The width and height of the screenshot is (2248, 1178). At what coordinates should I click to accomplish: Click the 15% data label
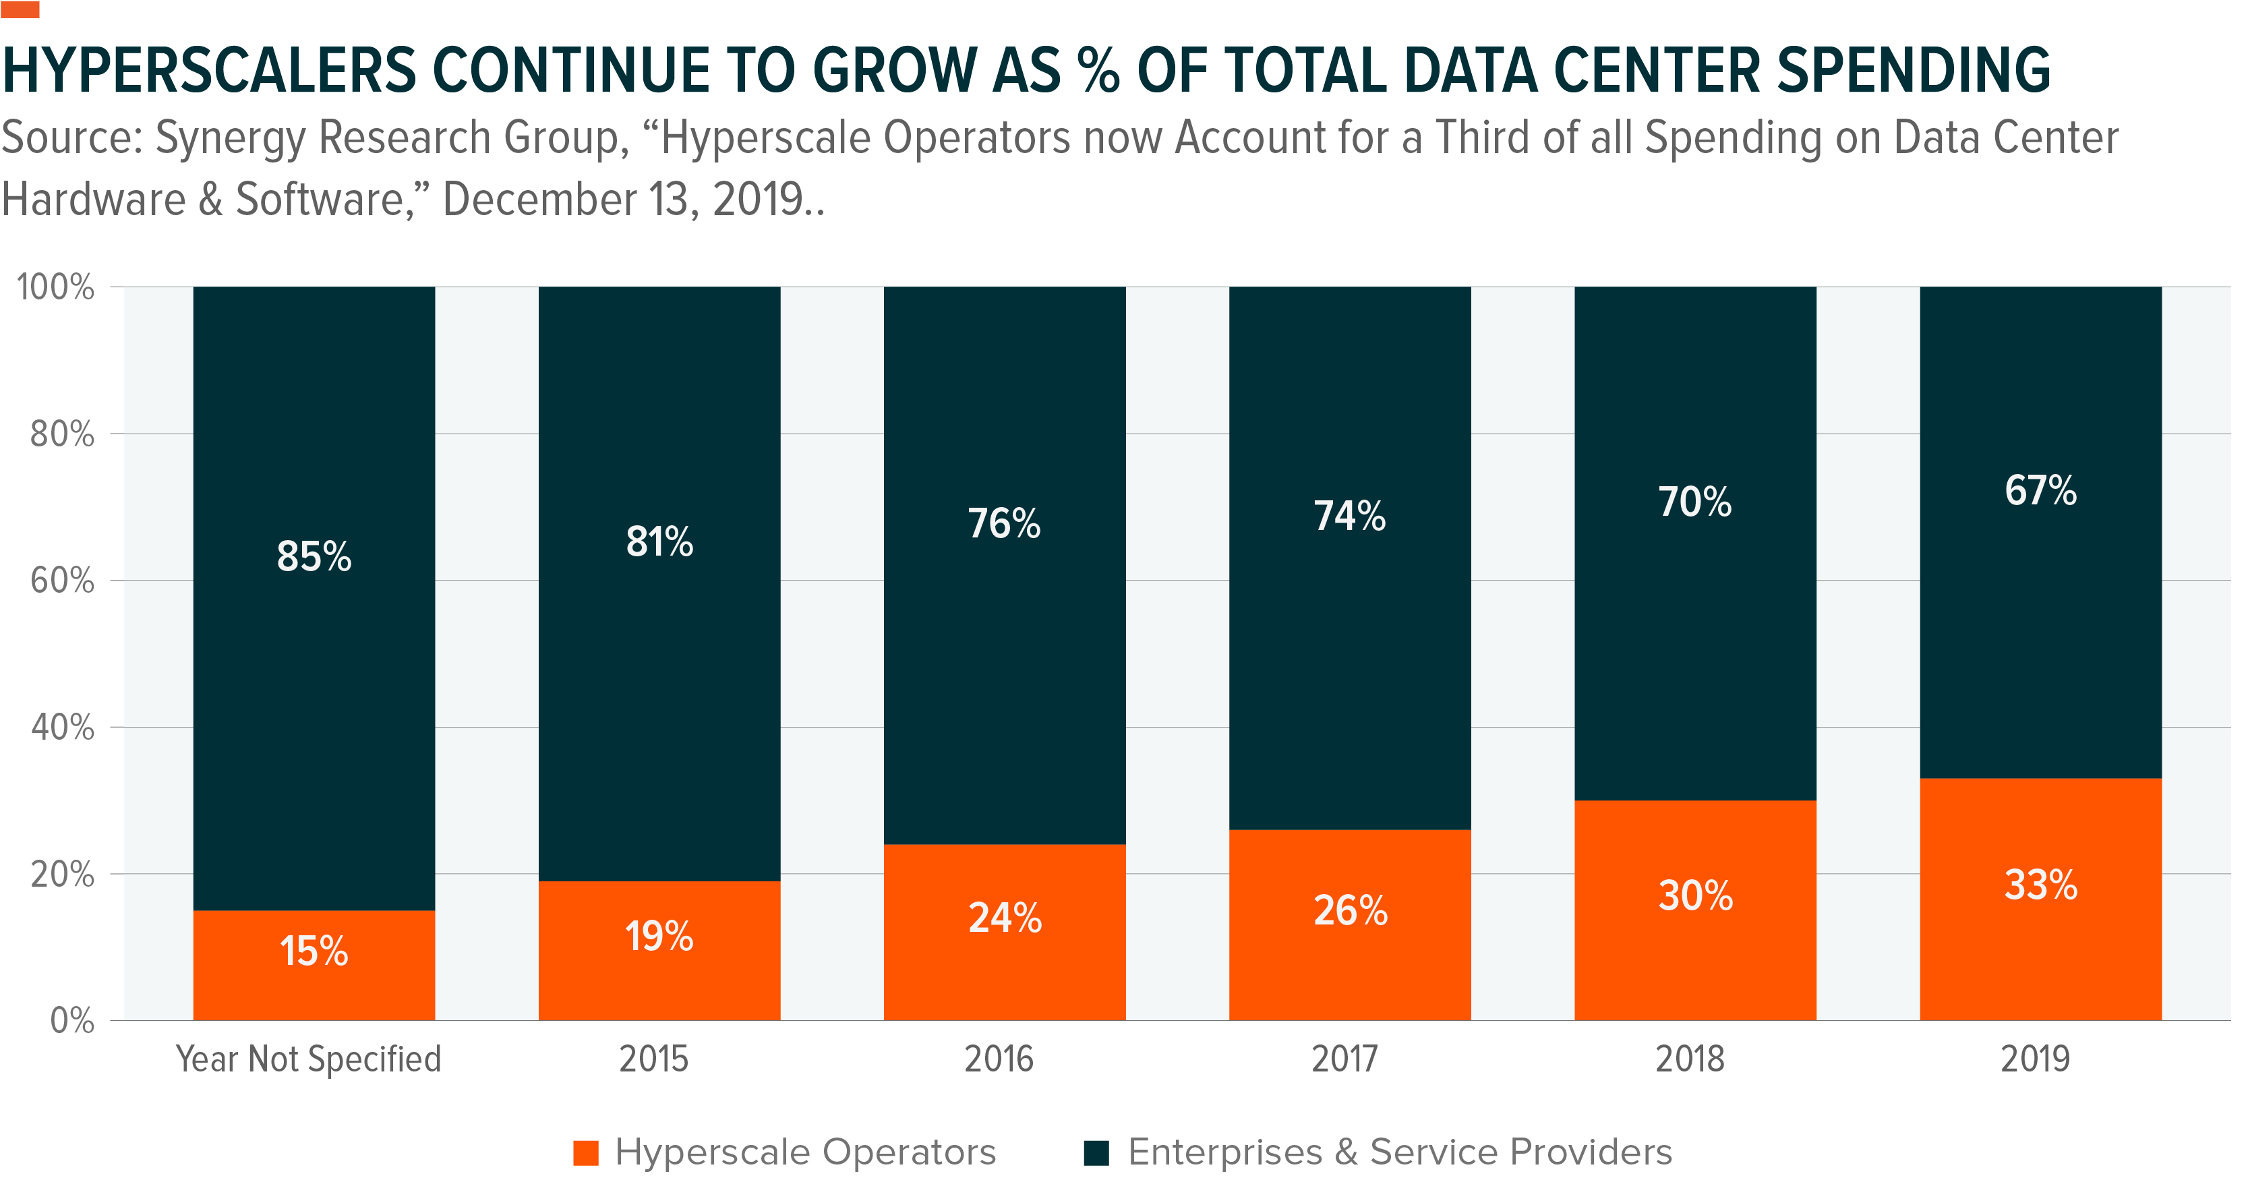[314, 951]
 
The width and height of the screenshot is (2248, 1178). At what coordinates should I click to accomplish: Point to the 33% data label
[2040, 885]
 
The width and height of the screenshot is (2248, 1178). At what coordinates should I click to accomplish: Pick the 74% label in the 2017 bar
[1349, 517]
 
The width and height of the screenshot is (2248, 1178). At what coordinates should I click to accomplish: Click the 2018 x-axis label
[1690, 1059]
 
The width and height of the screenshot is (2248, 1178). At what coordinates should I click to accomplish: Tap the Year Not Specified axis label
[309, 1059]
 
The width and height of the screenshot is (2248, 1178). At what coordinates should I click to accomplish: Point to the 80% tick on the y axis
[62, 434]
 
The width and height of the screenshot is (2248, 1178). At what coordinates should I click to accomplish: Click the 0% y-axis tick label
[71, 1020]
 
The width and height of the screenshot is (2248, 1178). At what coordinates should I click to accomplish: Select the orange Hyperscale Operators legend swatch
[585, 1152]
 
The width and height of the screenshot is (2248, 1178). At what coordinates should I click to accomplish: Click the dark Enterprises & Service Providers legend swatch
[1096, 1152]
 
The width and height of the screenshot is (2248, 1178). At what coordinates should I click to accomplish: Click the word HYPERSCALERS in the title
[210, 71]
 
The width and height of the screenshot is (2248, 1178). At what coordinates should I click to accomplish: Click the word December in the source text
[539, 200]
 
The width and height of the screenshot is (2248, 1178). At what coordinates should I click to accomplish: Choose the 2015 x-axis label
[653, 1059]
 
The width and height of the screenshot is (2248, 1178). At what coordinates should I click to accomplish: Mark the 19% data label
[659, 937]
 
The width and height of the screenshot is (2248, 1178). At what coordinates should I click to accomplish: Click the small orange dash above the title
[20, 9]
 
